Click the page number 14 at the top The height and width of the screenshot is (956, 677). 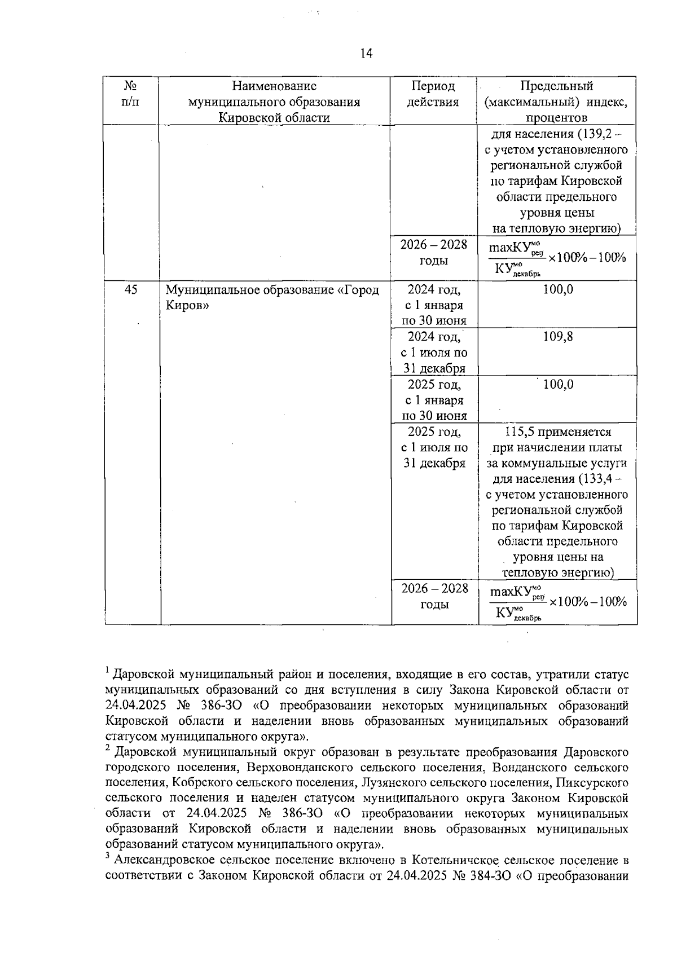pyautogui.click(x=366, y=54)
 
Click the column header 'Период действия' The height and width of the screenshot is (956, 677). pyautogui.click(x=433, y=94)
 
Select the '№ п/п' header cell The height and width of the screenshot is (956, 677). pyautogui.click(x=130, y=94)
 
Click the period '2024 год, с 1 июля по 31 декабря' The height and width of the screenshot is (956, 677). pyautogui.click(x=434, y=353)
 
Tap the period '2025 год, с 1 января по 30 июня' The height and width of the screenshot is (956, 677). pyautogui.click(x=434, y=400)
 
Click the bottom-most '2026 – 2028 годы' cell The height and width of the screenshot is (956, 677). pyautogui.click(x=434, y=596)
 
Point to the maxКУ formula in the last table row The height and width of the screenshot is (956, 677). pyautogui.click(x=557, y=602)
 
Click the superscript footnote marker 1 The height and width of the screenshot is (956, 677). pyautogui.click(x=107, y=669)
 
